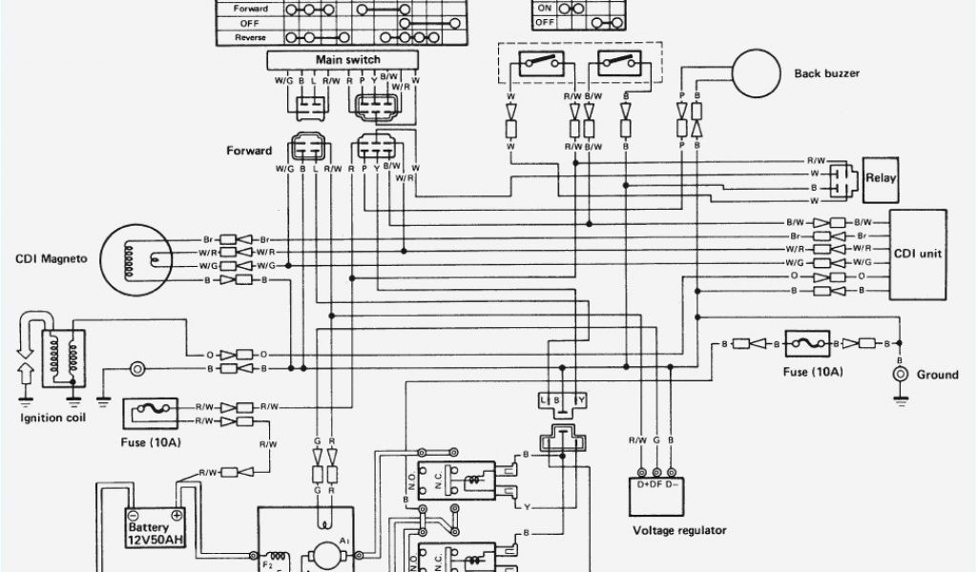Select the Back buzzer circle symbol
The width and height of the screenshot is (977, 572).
[757, 71]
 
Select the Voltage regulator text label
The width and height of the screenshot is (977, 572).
[679, 530]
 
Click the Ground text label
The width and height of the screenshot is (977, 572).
[937, 375]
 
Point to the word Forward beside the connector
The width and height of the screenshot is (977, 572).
[249, 151]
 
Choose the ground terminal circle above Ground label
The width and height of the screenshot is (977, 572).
[898, 374]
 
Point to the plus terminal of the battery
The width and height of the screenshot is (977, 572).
[177, 514]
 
